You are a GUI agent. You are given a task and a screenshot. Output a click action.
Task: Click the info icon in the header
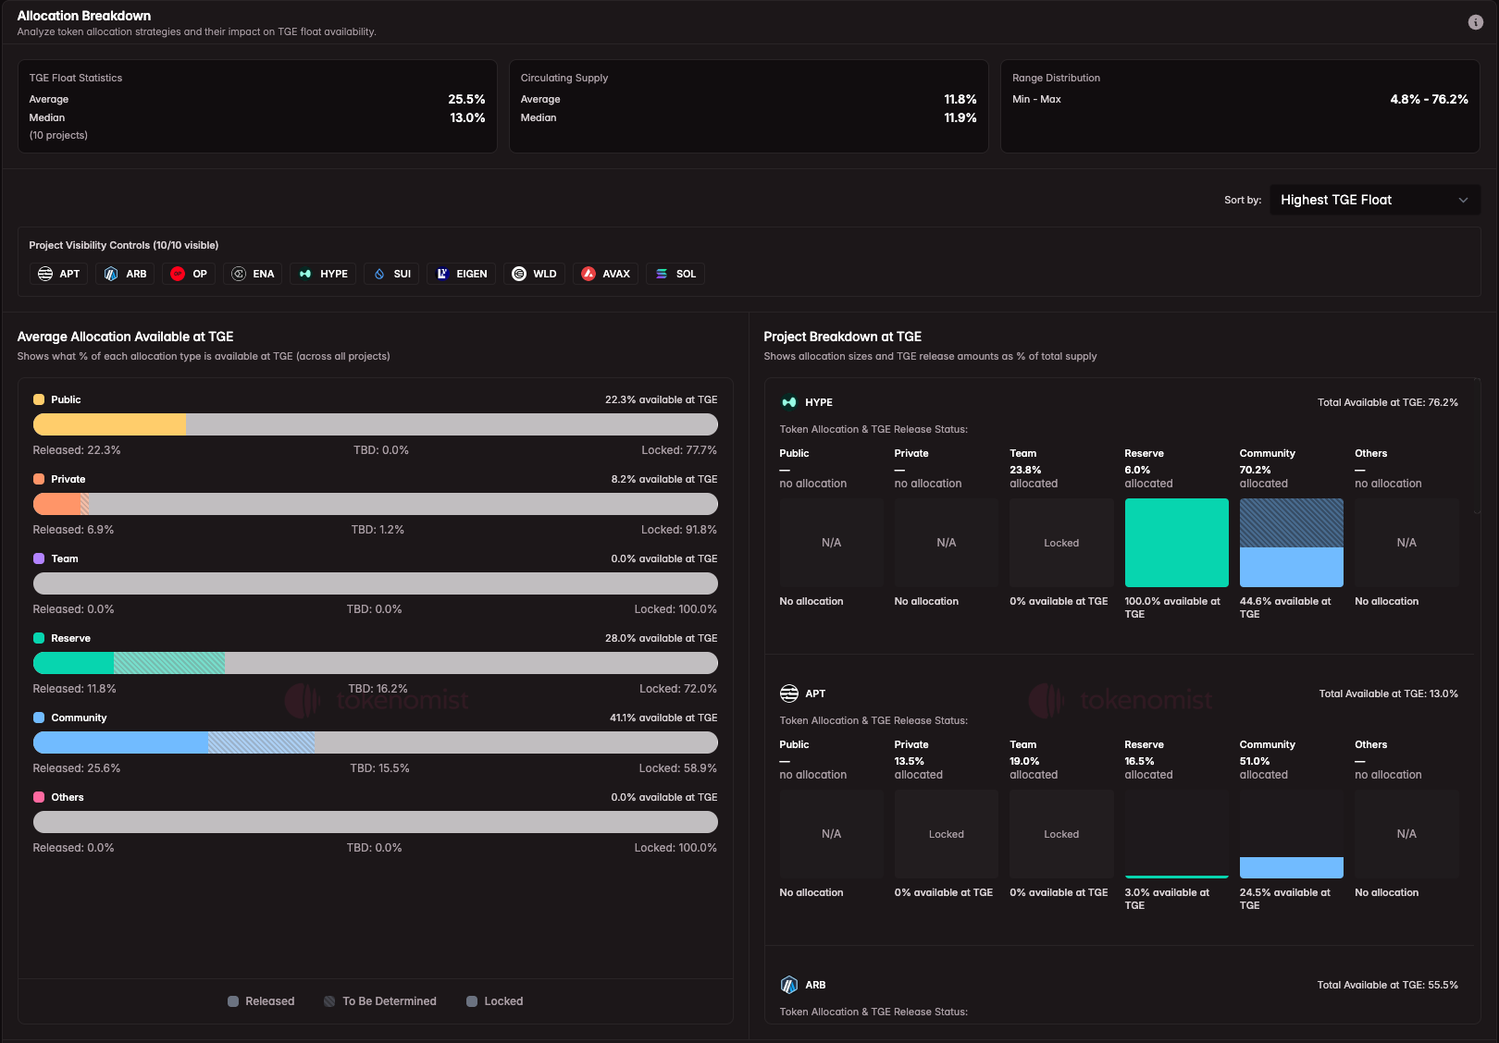(1475, 22)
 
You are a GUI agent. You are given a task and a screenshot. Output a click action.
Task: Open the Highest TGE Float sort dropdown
(1374, 200)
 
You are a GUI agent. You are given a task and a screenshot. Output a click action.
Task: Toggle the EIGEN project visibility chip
(461, 274)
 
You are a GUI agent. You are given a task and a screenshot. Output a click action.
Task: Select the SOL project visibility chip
(675, 274)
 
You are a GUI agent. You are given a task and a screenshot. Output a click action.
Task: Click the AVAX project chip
(605, 274)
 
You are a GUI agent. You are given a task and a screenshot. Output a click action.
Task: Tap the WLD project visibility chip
(534, 274)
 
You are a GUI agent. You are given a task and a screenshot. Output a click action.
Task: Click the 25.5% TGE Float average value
(466, 99)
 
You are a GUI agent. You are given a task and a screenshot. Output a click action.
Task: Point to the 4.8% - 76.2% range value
(1429, 99)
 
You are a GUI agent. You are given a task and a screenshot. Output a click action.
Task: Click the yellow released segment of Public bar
(109, 424)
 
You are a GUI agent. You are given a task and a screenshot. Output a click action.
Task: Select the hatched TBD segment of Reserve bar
(169, 663)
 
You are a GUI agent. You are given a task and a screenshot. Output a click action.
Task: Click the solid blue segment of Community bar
(120, 742)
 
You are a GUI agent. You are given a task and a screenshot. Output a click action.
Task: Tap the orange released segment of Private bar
(57, 504)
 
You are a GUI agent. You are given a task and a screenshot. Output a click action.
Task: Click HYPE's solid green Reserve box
(1176, 543)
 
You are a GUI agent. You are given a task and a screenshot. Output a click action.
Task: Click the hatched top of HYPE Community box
(1291, 522)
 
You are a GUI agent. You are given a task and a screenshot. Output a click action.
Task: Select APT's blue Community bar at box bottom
(1291, 867)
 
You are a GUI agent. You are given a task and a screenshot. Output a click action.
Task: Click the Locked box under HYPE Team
(1061, 543)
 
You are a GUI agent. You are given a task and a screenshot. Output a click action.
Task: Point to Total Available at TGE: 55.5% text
(1387, 985)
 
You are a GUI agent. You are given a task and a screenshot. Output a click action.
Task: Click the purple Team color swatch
(39, 558)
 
